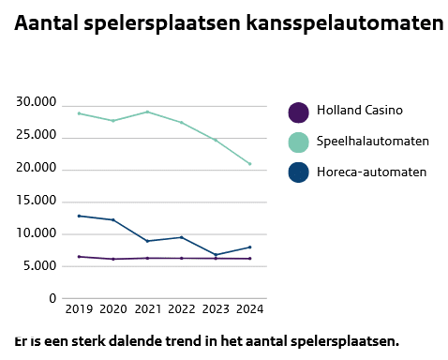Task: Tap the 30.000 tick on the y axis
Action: pos(37,102)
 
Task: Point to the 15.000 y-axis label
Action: pos(37,201)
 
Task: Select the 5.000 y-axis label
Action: pos(39,266)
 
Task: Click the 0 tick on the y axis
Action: pos(52,299)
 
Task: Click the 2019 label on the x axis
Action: pos(79,308)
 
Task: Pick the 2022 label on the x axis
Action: pos(181,308)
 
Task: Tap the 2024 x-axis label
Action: pos(249,308)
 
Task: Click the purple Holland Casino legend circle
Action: pos(298,112)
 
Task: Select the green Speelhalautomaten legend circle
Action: pos(298,142)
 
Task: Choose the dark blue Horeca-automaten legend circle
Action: pos(298,172)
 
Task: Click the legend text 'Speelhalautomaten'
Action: pos(373,142)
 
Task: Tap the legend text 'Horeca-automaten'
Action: pos(371,172)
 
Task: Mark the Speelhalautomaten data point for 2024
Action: pos(249,164)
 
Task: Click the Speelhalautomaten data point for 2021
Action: pos(147,112)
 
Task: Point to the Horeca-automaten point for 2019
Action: pos(79,216)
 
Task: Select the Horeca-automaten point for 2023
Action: pos(216,255)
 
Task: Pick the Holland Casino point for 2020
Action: pos(112,259)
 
